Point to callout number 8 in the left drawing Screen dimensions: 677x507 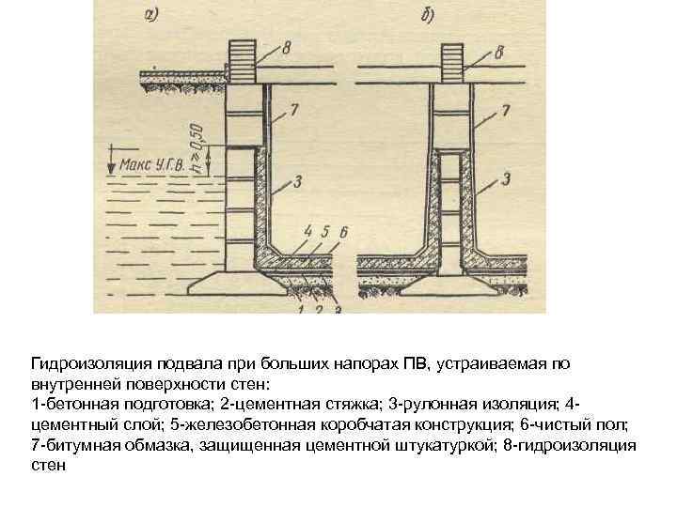point(287,45)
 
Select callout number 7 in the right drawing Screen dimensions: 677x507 point(505,111)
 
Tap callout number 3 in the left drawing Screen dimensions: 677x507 point(296,178)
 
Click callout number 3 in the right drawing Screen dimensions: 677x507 point(505,177)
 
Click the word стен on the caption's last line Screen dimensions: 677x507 point(49,465)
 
